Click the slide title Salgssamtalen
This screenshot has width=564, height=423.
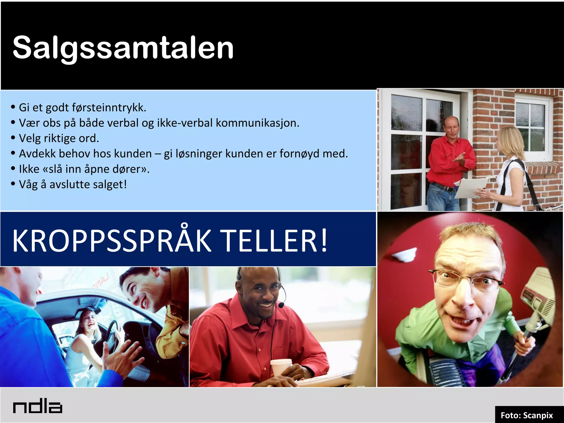pyautogui.click(x=123, y=48)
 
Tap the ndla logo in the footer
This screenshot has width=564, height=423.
pyautogui.click(x=38, y=407)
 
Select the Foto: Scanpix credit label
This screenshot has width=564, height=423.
pyautogui.click(x=526, y=415)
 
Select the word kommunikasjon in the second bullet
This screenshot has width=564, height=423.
pyautogui.click(x=257, y=123)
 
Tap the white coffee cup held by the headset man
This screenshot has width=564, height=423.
pyautogui.click(x=281, y=368)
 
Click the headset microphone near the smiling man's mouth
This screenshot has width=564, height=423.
pyautogui.click(x=281, y=305)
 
